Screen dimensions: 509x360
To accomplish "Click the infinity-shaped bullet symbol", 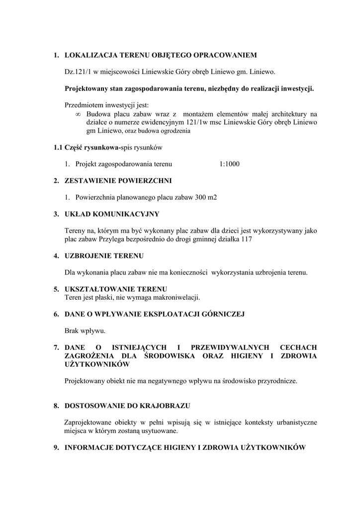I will (77, 114).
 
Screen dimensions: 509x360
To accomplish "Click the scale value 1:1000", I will (229, 164).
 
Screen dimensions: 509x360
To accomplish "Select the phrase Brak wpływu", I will (85, 331).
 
